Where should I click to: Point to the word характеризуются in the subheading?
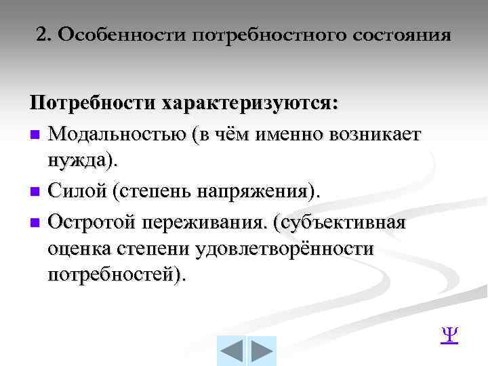tap(248, 105)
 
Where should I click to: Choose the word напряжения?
tap(256, 192)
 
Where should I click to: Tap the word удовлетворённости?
tap(284, 249)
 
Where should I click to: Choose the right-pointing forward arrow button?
tap(261, 351)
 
